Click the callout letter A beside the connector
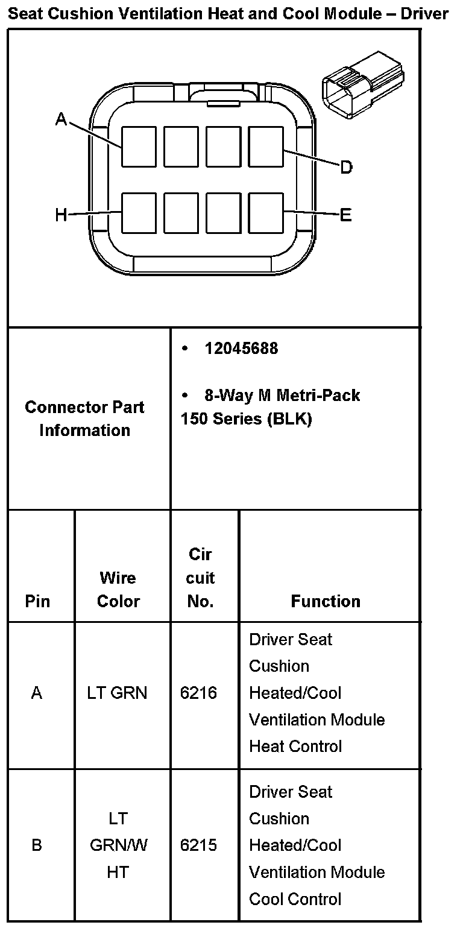[61, 119]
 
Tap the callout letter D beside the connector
[346, 167]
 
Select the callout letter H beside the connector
[61, 215]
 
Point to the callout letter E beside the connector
[346, 215]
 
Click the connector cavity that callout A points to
[139, 147]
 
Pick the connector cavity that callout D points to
[266, 147]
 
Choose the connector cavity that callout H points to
[139, 213]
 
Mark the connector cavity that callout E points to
[266, 213]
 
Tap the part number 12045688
[241, 349]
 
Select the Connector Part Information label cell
[85, 418]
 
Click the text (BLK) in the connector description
[289, 419]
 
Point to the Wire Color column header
[118, 589]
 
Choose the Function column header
[326, 601]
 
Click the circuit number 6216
[198, 693]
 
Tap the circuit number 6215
[198, 845]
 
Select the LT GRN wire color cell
[117, 693]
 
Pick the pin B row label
[37, 845]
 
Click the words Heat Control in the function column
[295, 747]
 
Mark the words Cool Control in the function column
[295, 899]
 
